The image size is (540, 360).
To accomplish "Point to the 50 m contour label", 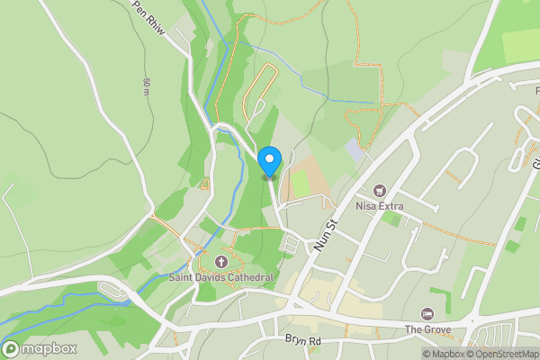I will coord(146,87).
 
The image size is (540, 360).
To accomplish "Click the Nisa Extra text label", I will coord(378,207).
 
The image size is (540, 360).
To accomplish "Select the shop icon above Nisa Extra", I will coord(378,191).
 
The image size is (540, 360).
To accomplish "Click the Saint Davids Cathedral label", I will coord(220,277).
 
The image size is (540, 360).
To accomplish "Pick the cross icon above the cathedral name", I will coord(221,262).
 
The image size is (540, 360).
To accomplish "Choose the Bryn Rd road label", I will coord(302,341).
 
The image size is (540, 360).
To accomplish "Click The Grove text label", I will coord(427,329).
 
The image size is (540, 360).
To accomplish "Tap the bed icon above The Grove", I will coord(427,313).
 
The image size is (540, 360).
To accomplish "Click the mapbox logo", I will coord(40,348).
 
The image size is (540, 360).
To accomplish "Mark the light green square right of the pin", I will coord(299,183).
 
